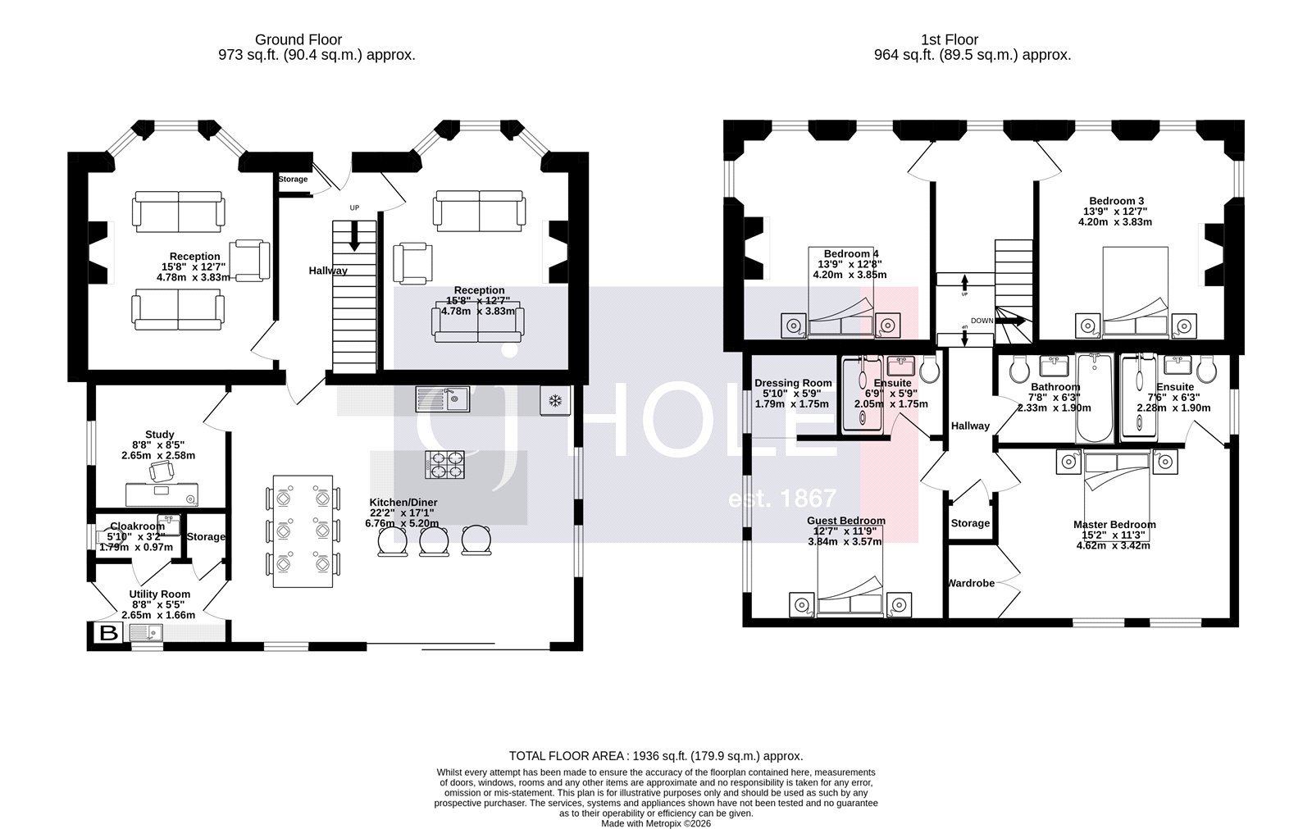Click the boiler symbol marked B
[108, 633]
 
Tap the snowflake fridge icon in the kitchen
[555, 401]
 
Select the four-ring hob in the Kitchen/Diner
[444, 465]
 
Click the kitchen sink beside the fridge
[442, 399]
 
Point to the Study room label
[159, 435]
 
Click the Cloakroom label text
[137, 526]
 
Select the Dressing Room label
[793, 383]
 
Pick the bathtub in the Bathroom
[1093, 399]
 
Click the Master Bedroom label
[1114, 525]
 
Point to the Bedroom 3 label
[1116, 201]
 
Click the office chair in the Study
[162, 471]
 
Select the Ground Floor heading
[298, 39]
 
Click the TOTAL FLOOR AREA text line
[656, 756]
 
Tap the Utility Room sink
[148, 633]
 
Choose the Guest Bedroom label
[845, 521]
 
